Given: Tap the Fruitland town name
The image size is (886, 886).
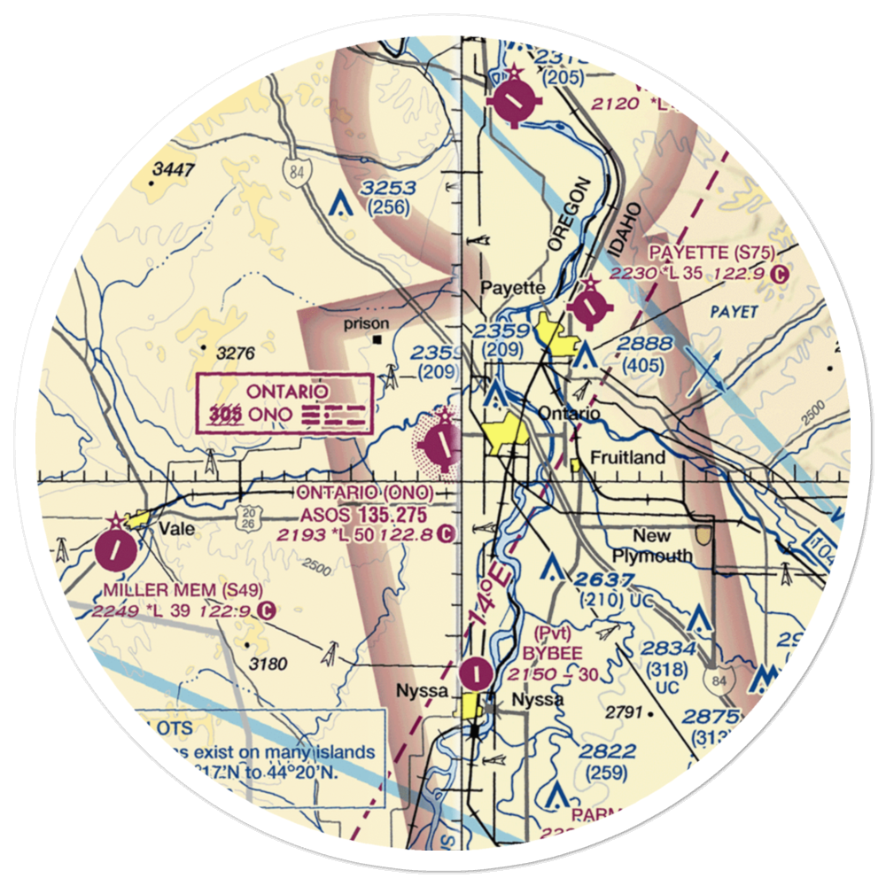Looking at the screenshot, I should (x=628, y=458).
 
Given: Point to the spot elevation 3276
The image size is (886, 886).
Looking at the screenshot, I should (x=236, y=354).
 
